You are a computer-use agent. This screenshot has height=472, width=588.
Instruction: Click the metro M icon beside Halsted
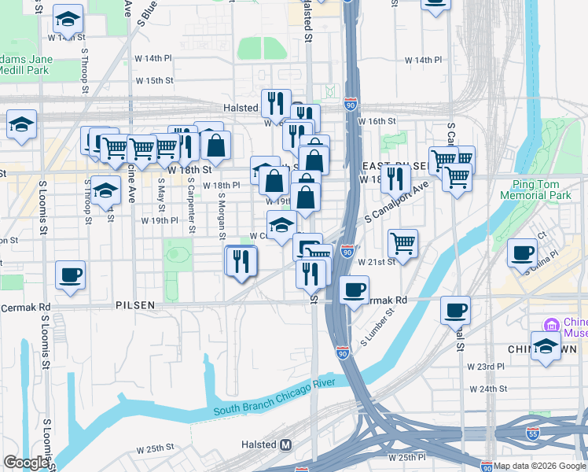pyautogui.click(x=286, y=444)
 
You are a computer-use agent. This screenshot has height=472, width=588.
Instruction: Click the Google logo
pyautogui.click(x=27, y=463)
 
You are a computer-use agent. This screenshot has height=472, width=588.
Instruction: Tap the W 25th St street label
pyautogui.click(x=154, y=449)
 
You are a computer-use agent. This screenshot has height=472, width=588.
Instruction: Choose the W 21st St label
pyautogui.click(x=374, y=261)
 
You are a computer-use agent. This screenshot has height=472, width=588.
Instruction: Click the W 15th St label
pyautogui.click(x=153, y=80)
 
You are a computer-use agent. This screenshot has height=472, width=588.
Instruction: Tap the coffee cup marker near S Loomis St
pyautogui.click(x=70, y=275)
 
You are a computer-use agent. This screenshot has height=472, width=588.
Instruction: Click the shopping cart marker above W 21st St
pyautogui.click(x=402, y=242)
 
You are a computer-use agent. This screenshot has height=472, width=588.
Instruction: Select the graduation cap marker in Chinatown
pyautogui.click(x=545, y=346)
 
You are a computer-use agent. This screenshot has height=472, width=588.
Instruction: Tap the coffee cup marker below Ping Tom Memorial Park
pyautogui.click(x=522, y=253)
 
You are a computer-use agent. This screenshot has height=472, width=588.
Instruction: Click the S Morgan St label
pyautogui.click(x=222, y=216)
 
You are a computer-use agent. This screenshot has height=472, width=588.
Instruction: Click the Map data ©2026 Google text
pyautogui.click(x=540, y=466)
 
